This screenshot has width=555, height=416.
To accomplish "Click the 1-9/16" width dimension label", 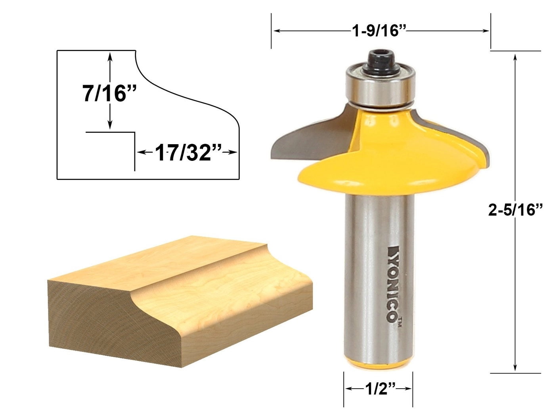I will coord(380,31).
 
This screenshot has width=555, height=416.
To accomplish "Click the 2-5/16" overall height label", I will coord(515,210).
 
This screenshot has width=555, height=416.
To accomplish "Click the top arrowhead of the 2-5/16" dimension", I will coord(515,57).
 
